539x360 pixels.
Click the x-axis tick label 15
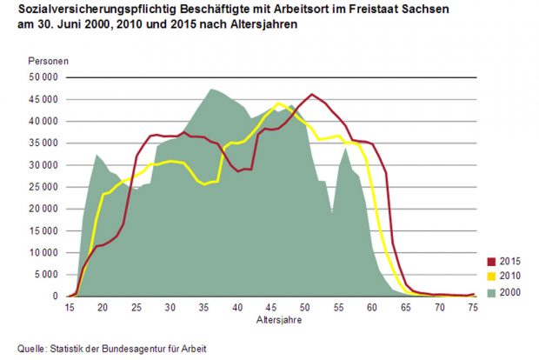[x=70, y=308]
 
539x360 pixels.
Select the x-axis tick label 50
[x=305, y=308]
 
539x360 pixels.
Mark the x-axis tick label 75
[x=473, y=308]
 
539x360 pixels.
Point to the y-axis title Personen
[x=45, y=61]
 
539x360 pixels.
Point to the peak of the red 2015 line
[x=312, y=95]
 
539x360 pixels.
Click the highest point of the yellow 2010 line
[x=278, y=103]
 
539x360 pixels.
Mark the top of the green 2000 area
[x=211, y=89]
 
